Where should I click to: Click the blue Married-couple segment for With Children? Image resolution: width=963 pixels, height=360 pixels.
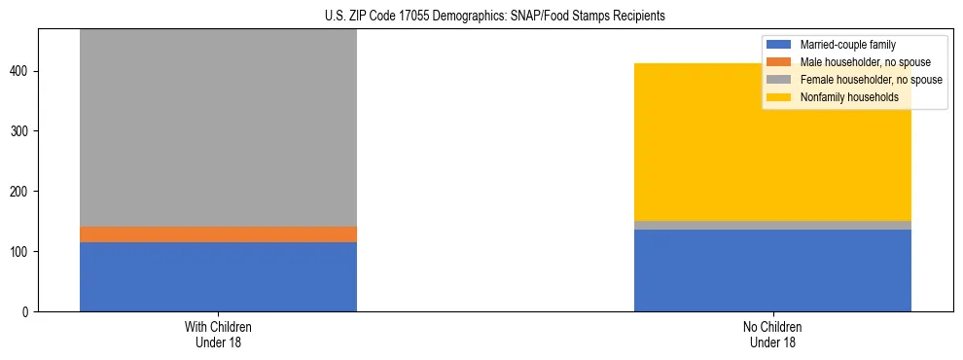[218, 276]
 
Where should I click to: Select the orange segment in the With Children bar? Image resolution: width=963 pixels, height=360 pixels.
[218, 234]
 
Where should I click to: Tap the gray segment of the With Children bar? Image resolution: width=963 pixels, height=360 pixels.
[218, 126]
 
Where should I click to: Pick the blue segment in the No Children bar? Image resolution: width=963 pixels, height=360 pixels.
[772, 270]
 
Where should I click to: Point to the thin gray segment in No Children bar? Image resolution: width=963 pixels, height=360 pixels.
[772, 225]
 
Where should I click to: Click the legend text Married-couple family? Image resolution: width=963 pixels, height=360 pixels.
[847, 45]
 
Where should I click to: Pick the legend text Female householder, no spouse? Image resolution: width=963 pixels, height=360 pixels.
[871, 80]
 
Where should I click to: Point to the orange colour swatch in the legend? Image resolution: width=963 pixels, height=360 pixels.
[779, 62]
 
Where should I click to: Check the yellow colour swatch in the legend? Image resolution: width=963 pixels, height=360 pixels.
[779, 97]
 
